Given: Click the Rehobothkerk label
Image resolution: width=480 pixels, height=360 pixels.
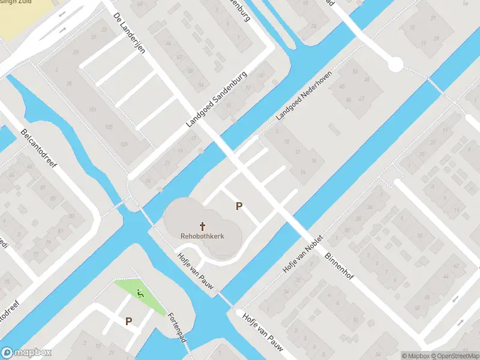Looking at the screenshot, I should pos(202,236).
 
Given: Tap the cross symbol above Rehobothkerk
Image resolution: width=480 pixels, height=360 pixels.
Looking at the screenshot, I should pos(203,226).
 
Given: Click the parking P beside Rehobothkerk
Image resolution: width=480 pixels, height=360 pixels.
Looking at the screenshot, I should pos(239,206).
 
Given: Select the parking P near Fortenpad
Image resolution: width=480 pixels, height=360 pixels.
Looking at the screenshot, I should pos(128,321).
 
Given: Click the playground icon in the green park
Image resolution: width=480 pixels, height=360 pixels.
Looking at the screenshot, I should pos(140,293).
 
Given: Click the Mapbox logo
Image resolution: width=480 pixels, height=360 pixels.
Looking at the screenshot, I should pos(26,353).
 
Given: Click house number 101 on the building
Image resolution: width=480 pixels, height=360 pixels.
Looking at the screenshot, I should pos(92,109).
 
